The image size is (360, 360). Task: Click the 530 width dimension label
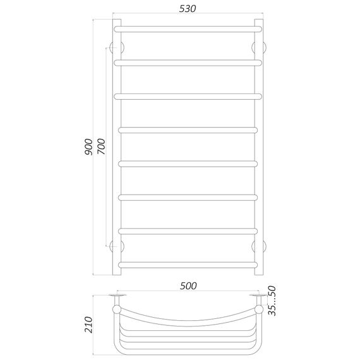187,9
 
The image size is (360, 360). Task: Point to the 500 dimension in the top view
188,285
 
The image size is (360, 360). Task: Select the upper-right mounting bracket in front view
258,48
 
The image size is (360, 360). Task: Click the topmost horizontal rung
188,28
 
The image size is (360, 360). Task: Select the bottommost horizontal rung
188,263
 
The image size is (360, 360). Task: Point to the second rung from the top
188,62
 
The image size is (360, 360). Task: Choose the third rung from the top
188,96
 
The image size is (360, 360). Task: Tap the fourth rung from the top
188,129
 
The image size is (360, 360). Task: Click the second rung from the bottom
188,230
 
